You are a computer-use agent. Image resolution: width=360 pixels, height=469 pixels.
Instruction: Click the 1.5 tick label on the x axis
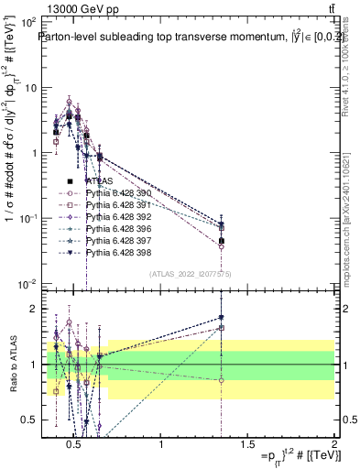(x=247, y=445)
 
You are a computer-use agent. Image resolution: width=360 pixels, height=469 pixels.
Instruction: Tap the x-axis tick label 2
(x=333, y=445)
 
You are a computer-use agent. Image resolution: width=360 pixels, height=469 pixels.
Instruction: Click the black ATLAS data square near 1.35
(x=221, y=241)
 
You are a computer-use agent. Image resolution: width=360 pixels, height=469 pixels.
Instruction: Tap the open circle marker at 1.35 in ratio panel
(x=221, y=380)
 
